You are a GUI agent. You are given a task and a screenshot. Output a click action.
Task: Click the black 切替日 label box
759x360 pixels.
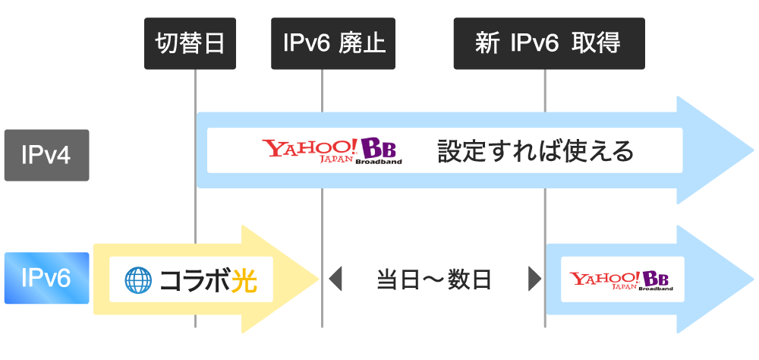[189, 43]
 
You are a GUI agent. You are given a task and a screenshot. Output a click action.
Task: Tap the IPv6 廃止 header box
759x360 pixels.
[335, 43]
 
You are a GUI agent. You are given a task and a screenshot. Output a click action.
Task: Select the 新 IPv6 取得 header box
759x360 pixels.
[549, 43]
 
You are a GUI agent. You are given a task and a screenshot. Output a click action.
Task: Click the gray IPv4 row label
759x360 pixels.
[47, 155]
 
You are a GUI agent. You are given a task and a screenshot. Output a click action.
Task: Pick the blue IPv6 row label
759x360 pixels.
[47, 278]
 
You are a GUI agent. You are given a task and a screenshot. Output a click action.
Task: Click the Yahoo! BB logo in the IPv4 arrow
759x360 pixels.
[332, 150]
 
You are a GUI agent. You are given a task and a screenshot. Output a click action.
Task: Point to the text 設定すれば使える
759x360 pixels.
[535, 150]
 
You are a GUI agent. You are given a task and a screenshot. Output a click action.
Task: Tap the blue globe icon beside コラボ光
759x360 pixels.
[138, 279]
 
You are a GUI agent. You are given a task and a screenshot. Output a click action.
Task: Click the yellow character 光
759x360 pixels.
[244, 279]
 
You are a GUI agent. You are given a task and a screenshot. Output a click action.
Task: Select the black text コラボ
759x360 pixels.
[194, 279]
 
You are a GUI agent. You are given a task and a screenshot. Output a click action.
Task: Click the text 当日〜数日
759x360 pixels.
[434, 279]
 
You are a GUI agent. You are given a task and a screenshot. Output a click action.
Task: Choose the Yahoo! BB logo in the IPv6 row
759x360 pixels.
[616, 279]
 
